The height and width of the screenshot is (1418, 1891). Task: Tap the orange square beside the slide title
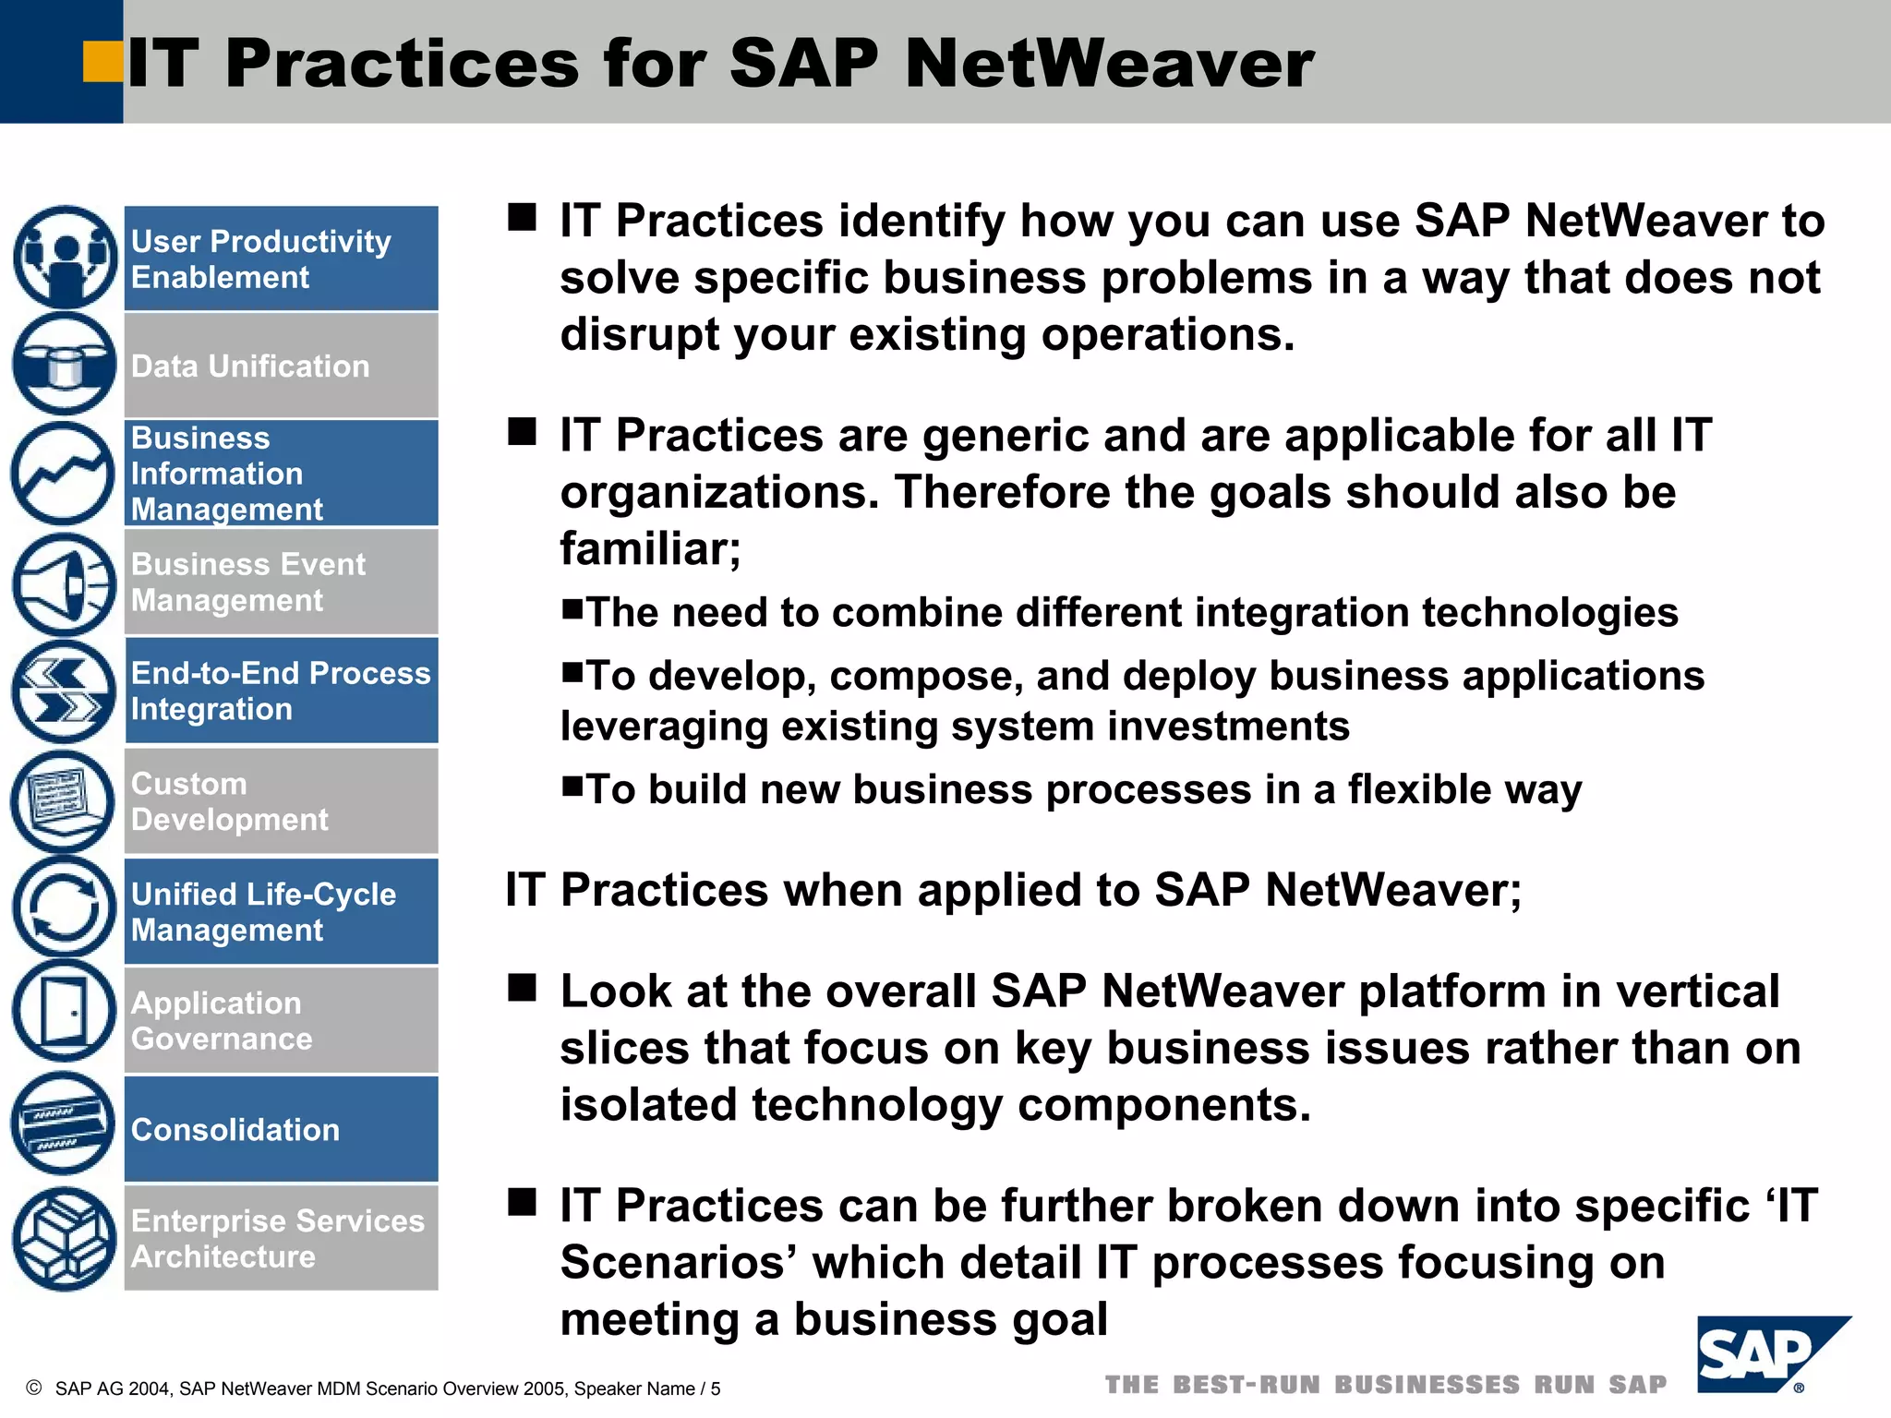pyautogui.click(x=102, y=62)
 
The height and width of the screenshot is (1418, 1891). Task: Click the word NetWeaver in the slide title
pyautogui.click(x=1109, y=64)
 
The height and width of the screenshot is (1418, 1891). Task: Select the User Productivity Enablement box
pyautogui.click(x=281, y=258)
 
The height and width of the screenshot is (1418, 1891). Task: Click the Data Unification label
pyautogui.click(x=250, y=367)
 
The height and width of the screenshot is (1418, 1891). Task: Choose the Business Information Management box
pyautogui.click(x=281, y=473)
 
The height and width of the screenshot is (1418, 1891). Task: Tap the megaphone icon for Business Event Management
pyautogui.click(x=64, y=584)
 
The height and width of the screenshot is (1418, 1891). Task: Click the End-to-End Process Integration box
pyautogui.click(x=281, y=691)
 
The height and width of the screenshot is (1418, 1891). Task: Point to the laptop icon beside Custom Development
pyautogui.click(x=62, y=800)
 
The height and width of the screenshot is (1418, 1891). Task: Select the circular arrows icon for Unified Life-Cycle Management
pyautogui.click(x=63, y=907)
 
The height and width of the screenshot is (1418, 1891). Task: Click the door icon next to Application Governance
pyautogui.click(x=64, y=1011)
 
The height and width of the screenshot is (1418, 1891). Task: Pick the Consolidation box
pyautogui.click(x=281, y=1129)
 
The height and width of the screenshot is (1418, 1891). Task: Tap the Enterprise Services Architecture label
pyautogui.click(x=277, y=1238)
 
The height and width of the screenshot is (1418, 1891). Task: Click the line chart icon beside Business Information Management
pyautogui.click(x=63, y=474)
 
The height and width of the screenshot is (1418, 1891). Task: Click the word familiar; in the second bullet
pyautogui.click(x=650, y=549)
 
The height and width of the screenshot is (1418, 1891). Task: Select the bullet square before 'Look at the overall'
pyautogui.click(x=523, y=989)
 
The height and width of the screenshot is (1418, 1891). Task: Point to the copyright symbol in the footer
pyautogui.click(x=34, y=1388)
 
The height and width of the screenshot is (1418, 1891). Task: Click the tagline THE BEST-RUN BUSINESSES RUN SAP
pyautogui.click(x=1386, y=1385)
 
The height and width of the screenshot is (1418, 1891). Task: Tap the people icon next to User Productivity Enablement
pyautogui.click(x=65, y=258)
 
